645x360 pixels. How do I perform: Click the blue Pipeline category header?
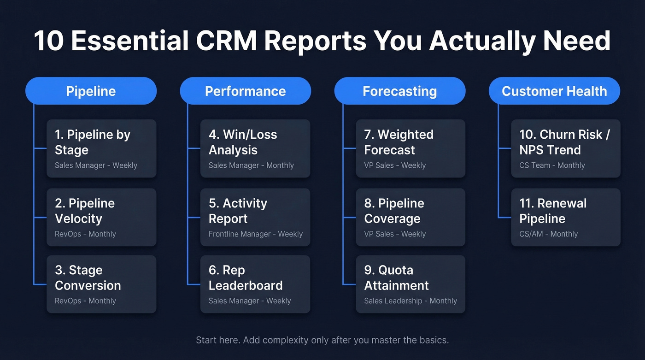point(91,91)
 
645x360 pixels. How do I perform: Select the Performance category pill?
point(245,91)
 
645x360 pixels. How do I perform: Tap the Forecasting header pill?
point(399,91)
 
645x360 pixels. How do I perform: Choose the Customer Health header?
point(554,91)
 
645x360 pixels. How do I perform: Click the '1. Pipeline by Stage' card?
point(101,148)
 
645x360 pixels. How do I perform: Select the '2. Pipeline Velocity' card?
point(101,217)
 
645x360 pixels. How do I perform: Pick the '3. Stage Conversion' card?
point(101,284)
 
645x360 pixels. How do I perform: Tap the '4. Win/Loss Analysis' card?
point(255,148)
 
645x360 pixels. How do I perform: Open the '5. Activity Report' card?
point(255,217)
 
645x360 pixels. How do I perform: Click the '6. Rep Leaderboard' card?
point(255,284)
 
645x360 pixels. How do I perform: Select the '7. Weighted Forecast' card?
point(410,148)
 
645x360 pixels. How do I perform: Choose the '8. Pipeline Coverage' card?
point(410,217)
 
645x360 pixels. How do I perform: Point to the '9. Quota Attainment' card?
point(410,284)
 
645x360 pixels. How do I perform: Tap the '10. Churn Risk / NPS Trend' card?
point(566,148)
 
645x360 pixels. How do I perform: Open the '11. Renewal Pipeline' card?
point(566,217)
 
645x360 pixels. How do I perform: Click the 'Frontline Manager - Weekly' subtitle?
point(256,234)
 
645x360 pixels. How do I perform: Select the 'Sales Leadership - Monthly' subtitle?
point(410,301)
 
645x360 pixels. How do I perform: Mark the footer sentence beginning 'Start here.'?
point(322,340)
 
